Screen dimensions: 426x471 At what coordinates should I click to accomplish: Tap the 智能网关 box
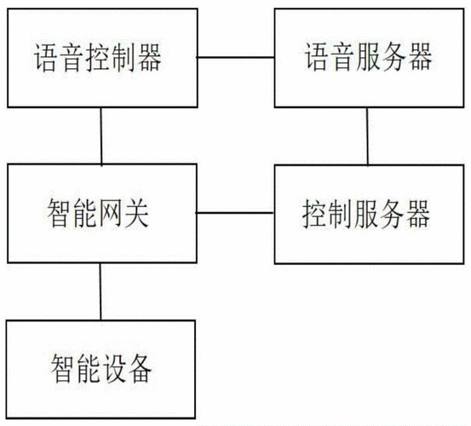pos(101,213)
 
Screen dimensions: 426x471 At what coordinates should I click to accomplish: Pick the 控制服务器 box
pos(368,213)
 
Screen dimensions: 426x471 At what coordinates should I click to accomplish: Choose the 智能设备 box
pos(101,369)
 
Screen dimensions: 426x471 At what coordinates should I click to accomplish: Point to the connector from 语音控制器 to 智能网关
pos(101,136)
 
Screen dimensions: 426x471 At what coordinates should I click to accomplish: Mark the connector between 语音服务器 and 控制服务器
pos(368,136)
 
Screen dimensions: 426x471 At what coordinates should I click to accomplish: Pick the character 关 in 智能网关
pos(137,213)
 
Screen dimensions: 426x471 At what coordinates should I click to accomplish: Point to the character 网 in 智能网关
pos(112,213)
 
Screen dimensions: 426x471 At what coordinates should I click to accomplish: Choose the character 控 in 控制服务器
pos(318,213)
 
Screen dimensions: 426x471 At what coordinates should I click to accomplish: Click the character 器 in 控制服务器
pos(418,213)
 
